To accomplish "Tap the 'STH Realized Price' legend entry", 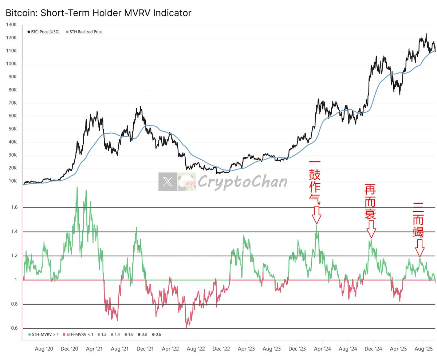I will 86,32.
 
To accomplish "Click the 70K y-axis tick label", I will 13,103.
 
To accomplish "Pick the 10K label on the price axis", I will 13,181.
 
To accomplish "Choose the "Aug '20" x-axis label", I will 44,348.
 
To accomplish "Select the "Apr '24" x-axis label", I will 323,348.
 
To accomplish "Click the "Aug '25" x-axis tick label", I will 424,348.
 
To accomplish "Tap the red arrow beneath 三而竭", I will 420,248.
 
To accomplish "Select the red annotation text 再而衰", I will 370,202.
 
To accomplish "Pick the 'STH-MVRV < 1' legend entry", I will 78,334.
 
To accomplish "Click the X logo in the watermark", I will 168,182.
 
